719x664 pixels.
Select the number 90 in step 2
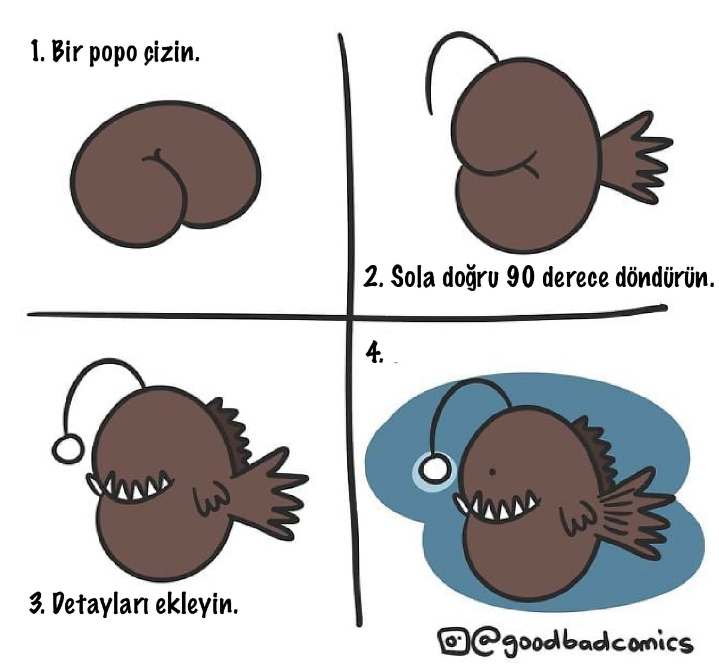click(x=520, y=277)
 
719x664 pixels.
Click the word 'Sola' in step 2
click(x=413, y=277)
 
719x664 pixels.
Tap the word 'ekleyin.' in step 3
click(x=197, y=603)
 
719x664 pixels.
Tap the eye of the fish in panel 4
click(x=492, y=472)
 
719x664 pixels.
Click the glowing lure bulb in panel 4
click(x=433, y=470)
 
